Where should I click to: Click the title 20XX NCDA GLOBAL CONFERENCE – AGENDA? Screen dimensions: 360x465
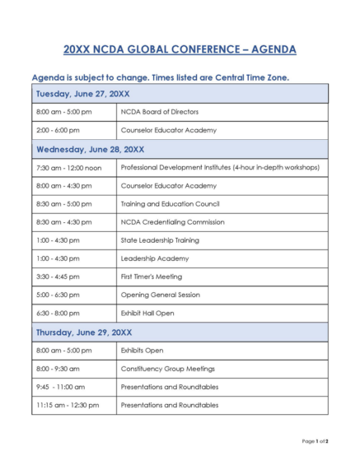[180, 49]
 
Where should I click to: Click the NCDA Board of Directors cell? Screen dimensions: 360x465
[159, 111]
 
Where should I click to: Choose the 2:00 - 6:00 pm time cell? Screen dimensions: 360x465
[58, 130]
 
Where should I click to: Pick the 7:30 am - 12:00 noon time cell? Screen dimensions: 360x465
[68, 167]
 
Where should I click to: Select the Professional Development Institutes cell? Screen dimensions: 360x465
[220, 167]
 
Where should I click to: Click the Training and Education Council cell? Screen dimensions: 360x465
[170, 203]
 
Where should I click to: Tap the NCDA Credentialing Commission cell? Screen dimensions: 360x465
[172, 221]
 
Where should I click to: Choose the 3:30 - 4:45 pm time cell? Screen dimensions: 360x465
[58, 277]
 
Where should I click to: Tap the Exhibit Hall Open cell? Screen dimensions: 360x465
[149, 313]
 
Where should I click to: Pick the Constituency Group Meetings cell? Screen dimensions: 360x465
[167, 369]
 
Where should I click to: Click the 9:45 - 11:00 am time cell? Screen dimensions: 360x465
[60, 387]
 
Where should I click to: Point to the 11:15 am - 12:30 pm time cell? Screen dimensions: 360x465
[67, 405]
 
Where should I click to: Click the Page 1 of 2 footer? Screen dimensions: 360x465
[315, 441]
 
